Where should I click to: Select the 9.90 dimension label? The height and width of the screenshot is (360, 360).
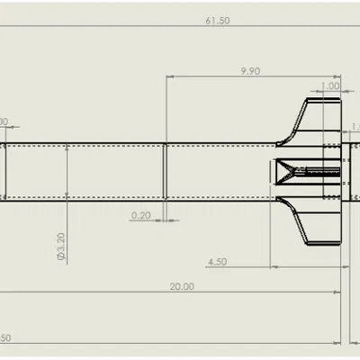pos(251,70)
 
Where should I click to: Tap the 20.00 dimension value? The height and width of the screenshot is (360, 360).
pos(181,286)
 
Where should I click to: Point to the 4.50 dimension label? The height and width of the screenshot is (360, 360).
pos(217,262)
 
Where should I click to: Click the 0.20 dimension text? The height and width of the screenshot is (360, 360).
pos(140,215)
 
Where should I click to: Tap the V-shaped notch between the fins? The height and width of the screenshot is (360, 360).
pos(288,170)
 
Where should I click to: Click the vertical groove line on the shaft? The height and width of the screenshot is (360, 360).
pos(166,170)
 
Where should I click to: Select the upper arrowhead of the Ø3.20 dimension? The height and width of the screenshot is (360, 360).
pos(67,147)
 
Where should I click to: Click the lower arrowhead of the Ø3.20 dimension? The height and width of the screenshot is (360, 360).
pos(67,193)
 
